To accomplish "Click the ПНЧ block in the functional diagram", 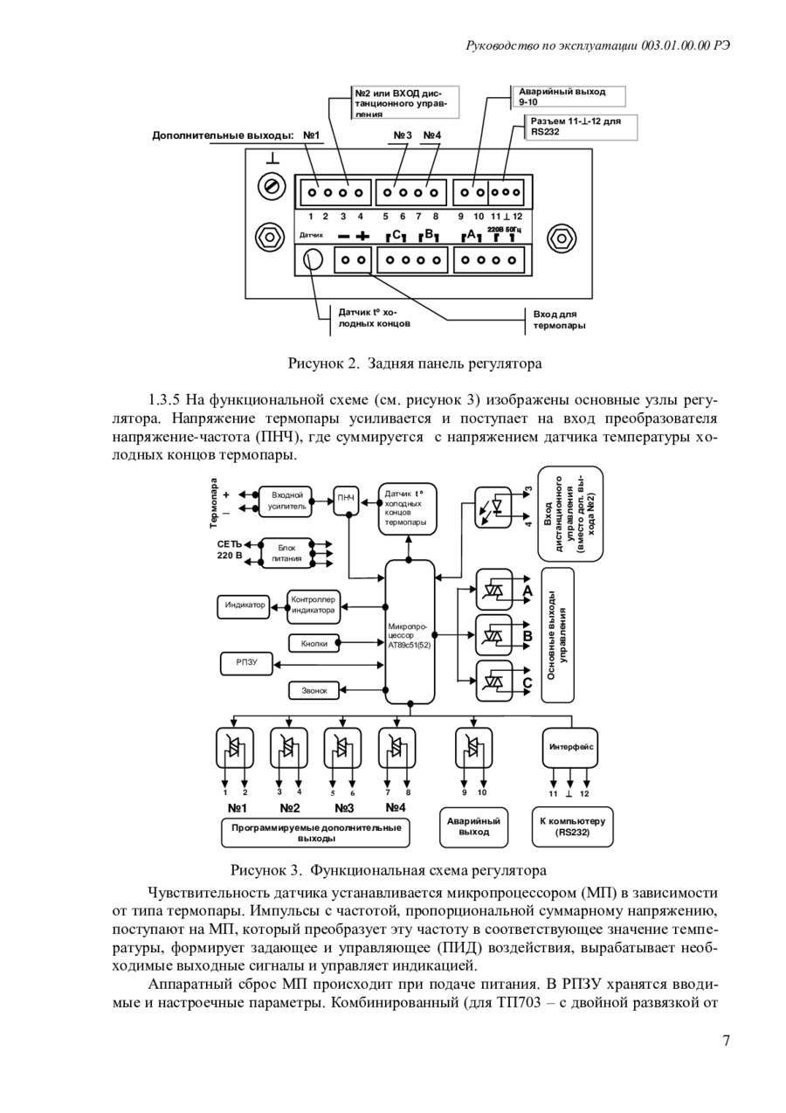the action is click(x=346, y=501).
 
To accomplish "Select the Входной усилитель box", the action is click(x=286, y=501).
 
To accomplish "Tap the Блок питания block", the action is click(x=286, y=553).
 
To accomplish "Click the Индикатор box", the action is click(x=244, y=606).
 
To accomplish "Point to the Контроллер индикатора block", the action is click(x=314, y=605).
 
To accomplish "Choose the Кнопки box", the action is click(x=314, y=644).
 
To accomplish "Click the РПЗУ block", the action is click(x=246, y=664).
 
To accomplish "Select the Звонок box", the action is click(x=314, y=690).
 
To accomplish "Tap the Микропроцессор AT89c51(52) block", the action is click(x=410, y=632).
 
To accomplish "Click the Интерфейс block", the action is click(x=570, y=747).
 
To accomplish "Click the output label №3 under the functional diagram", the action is click(x=344, y=808).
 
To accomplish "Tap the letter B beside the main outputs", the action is click(x=527, y=637).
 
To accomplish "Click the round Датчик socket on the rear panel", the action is click(x=314, y=259).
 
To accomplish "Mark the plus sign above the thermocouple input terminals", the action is click(x=363, y=236).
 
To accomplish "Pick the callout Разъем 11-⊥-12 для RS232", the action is click(x=581, y=128).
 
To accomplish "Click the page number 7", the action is click(x=727, y=1040).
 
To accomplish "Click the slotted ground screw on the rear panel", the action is click(x=272, y=187).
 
